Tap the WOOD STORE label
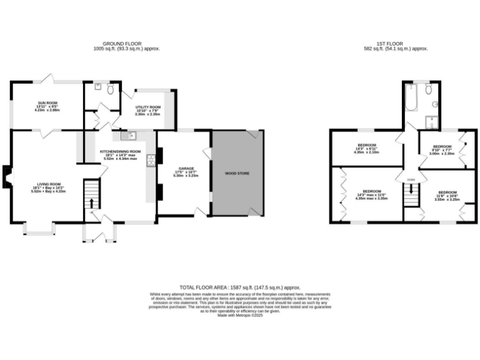coord(237,173)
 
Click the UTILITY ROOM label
coord(148,107)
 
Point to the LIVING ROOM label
coord(47,185)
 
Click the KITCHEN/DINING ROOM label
coord(121,152)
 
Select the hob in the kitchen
coord(150,161)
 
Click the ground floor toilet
coord(110,91)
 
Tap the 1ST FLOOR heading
coord(396,44)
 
